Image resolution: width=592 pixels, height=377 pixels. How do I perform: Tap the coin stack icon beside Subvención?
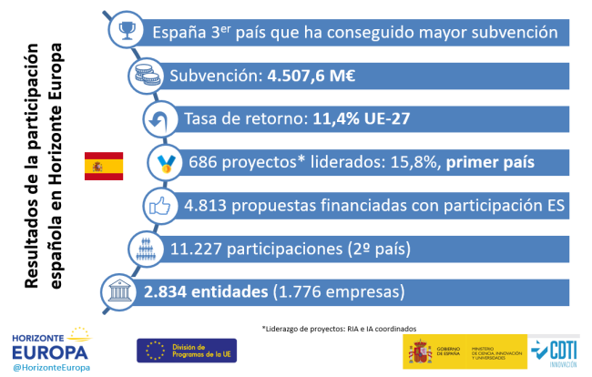[144, 76]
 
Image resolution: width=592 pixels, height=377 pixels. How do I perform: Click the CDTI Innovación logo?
[553, 351]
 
